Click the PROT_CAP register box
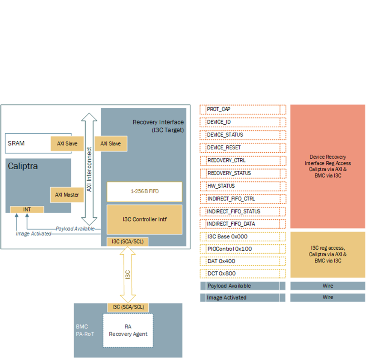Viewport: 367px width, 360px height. point(240,109)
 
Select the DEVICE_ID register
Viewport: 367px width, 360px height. point(240,122)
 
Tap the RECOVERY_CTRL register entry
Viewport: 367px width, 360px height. point(240,160)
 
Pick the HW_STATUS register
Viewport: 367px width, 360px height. point(240,186)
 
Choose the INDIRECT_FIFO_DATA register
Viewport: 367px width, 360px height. point(240,224)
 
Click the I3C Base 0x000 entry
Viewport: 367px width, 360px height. point(240,236)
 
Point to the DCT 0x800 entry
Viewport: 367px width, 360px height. point(240,273)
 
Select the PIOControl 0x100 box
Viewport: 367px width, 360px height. point(240,249)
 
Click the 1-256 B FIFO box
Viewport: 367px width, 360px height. point(144,191)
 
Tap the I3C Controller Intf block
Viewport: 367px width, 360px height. point(144,219)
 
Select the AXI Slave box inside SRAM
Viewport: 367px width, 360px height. point(67,143)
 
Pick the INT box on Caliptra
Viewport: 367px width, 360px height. point(27,209)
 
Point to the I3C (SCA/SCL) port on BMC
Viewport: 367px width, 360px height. point(128,307)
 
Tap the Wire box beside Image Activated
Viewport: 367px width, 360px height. point(328,297)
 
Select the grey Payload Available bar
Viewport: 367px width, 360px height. point(240,286)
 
